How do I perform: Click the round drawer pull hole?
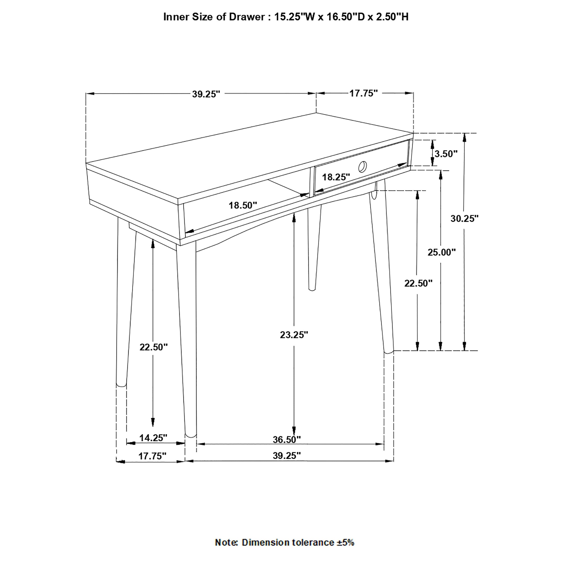[x=362, y=167]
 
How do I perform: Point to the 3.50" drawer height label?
[x=446, y=154]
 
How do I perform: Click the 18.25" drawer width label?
[x=336, y=177]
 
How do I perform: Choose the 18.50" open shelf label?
[x=243, y=205]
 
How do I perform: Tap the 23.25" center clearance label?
[x=294, y=335]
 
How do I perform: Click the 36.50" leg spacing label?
[x=286, y=439]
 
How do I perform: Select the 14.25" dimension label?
[x=153, y=438]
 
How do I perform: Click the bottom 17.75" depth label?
[x=152, y=456]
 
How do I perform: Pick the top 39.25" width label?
[x=206, y=94]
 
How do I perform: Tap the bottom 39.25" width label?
[x=286, y=456]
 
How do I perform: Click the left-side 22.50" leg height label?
[x=154, y=347]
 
